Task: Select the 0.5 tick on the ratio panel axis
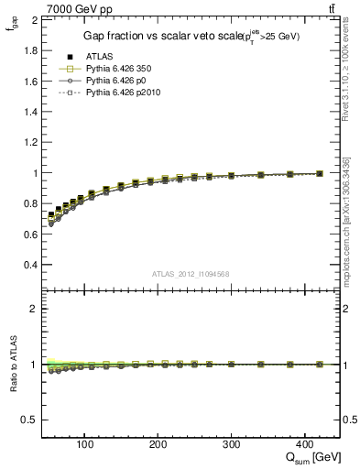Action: point(30,420)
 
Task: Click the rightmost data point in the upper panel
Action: point(319,173)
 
